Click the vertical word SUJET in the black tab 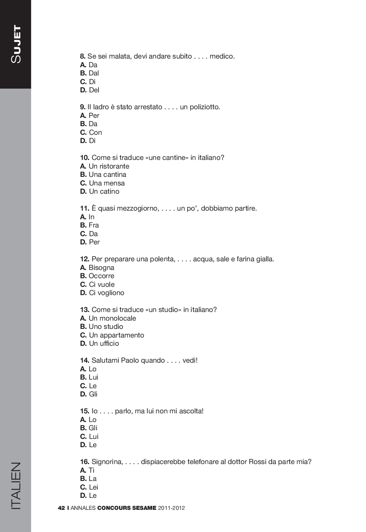pos(16,44)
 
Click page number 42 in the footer pos(61,508)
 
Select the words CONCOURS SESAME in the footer pos(127,508)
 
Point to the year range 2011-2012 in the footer pos(171,508)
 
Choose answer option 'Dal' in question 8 pos(94,73)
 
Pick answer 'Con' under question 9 pos(95,133)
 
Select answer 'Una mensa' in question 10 pos(107,183)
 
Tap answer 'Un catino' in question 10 pos(104,191)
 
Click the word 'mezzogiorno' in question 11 pos(140,208)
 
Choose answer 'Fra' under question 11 pos(94,225)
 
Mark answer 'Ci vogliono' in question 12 pos(106,293)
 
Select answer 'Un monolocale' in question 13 pos(112,318)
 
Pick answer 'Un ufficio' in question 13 pos(104,344)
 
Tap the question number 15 pos(85,411)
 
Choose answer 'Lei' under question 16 pos(94,487)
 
